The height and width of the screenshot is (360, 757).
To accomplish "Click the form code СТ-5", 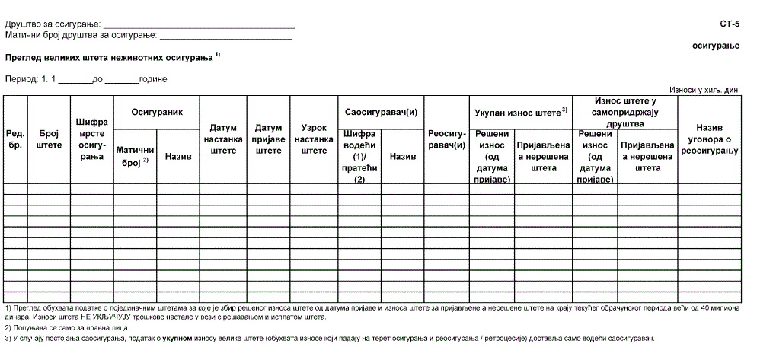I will tap(729, 25).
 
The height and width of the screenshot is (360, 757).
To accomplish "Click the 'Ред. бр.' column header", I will tap(14, 139).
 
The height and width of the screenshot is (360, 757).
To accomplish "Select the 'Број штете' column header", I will tap(49, 139).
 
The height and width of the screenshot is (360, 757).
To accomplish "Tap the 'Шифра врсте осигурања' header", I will tap(91, 139).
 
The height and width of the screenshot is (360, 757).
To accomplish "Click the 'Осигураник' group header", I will tap(157, 112).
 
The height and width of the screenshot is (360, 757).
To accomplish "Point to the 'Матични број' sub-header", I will tap(135, 156).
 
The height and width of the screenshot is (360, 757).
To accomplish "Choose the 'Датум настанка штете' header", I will tap(223, 139).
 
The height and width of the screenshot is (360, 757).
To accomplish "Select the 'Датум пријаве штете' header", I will tap(268, 139).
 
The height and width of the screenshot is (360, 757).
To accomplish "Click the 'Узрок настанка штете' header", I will tap(314, 139).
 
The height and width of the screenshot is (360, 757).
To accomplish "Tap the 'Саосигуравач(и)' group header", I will tap(380, 112).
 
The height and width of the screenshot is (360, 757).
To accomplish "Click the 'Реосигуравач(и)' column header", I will tap(446, 139).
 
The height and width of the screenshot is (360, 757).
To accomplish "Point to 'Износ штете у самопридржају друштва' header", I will tap(624, 112).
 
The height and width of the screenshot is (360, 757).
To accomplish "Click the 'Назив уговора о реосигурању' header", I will tap(710, 139).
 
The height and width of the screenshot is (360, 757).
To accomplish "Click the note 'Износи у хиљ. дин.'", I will tap(704, 89).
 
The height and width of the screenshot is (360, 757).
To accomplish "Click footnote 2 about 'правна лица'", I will tap(67, 327).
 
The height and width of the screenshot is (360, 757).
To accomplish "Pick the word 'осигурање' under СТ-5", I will tap(715, 46).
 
